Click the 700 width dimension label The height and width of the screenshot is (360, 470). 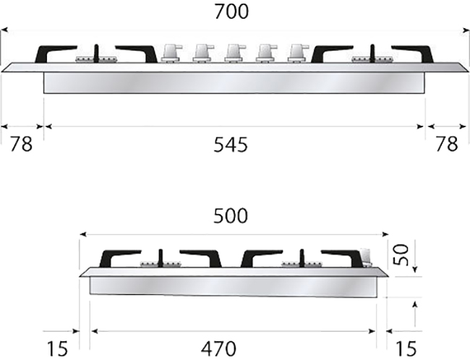(x=231, y=12)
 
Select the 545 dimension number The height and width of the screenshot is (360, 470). (x=231, y=145)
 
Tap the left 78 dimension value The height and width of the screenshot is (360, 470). (x=21, y=144)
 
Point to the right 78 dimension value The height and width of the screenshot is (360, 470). (x=447, y=144)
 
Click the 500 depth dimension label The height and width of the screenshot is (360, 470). (x=231, y=216)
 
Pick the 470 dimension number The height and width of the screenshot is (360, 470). (x=218, y=348)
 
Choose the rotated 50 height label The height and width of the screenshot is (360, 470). (x=401, y=255)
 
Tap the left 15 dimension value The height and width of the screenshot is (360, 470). (x=58, y=348)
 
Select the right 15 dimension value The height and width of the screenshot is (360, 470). (x=406, y=348)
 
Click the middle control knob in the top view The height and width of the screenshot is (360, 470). (x=235, y=53)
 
